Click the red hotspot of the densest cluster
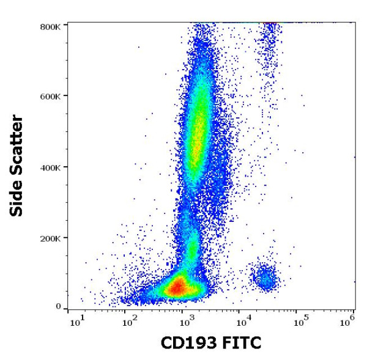pos(178,287)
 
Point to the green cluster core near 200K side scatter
pos(192,248)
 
